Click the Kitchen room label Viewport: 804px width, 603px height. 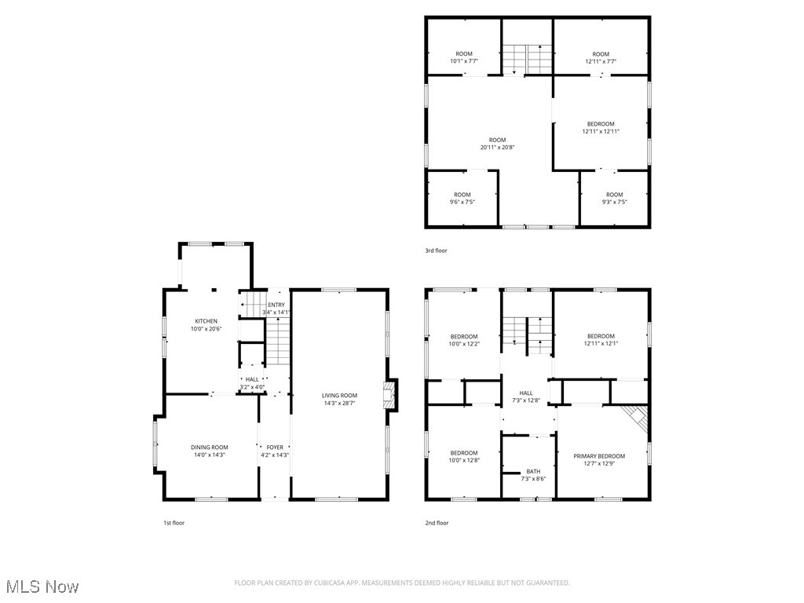click(206, 321)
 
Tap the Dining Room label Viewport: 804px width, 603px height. click(209, 448)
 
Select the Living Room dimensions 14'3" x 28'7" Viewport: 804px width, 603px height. click(339, 403)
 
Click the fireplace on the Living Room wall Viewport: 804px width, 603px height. click(390, 394)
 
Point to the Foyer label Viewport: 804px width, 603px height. click(275, 448)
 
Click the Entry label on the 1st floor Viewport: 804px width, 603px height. click(276, 305)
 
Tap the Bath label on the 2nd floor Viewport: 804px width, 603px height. click(533, 471)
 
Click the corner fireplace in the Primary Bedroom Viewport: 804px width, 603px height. click(637, 416)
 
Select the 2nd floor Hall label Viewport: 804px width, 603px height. click(526, 393)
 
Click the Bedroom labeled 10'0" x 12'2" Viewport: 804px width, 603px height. click(463, 336)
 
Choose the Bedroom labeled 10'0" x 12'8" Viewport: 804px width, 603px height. click(463, 452)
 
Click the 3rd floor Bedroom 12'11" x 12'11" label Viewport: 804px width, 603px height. click(601, 124)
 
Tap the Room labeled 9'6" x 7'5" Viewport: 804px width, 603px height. click(462, 195)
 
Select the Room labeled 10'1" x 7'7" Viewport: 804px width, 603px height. click(464, 54)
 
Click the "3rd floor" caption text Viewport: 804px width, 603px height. click(436, 250)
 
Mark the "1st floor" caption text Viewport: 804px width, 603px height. click(174, 522)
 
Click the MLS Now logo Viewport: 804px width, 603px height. click(42, 587)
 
